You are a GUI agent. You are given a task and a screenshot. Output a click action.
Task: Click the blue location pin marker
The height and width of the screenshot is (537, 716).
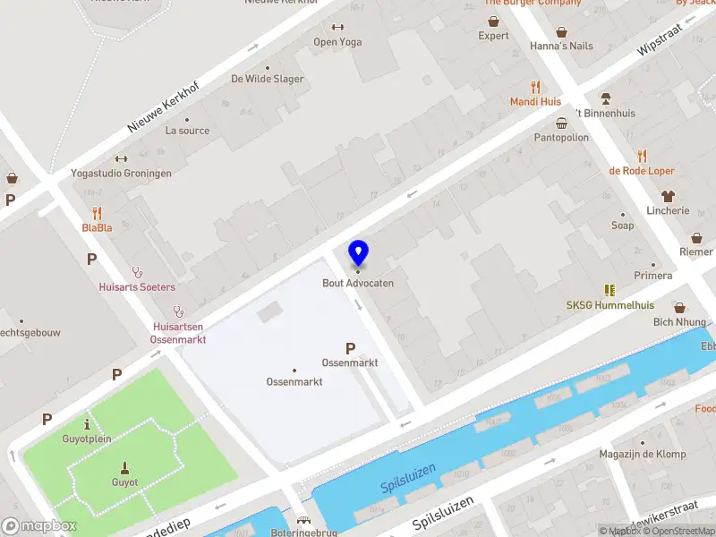point(358,253)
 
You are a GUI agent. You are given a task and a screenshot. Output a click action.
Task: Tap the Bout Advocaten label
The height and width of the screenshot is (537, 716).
point(358,283)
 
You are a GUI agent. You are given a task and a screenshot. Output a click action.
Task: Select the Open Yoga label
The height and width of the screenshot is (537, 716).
point(337,41)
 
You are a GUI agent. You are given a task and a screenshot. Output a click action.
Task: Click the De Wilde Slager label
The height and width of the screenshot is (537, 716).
point(267,79)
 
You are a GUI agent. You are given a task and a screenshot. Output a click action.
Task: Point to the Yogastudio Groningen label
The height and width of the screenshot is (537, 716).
point(121,173)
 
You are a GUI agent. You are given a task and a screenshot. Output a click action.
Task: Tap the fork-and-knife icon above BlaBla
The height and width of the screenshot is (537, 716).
point(98,213)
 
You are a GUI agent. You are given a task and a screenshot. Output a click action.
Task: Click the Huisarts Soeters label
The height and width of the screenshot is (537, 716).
point(137,286)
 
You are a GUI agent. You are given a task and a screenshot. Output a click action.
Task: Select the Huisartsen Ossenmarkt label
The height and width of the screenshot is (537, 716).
point(179,333)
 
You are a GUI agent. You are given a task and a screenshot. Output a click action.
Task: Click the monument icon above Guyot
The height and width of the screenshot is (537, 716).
point(124,466)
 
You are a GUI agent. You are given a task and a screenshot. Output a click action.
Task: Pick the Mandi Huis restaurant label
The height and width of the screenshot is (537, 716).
point(535,102)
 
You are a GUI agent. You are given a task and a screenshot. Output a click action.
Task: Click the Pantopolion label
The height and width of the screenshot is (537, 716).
point(561,138)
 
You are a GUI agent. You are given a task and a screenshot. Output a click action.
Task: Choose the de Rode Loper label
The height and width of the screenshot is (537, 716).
point(641,170)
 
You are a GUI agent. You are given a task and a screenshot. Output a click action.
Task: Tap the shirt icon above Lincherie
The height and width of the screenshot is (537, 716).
point(668,196)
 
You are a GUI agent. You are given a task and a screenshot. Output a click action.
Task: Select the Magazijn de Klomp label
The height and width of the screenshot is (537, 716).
point(643,455)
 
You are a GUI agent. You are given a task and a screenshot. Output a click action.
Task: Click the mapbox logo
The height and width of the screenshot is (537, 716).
point(39,526)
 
